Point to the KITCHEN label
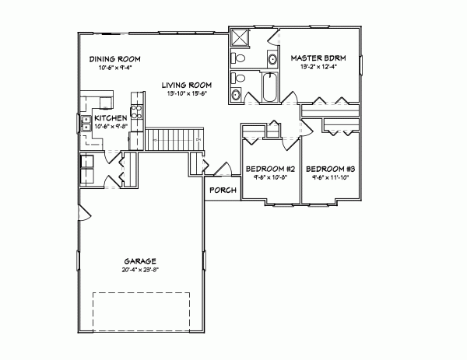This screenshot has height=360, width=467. pos(111,117)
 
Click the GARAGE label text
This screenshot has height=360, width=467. pos(140,261)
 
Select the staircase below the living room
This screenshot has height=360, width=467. pos(170,141)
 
